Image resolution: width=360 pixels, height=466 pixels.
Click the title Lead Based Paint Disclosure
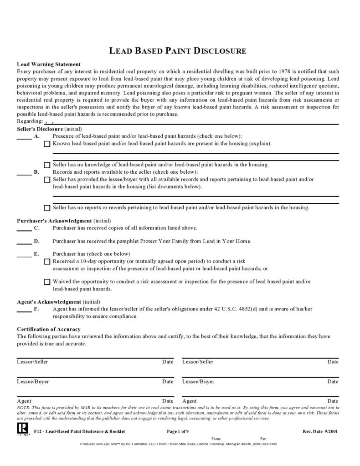[178, 51]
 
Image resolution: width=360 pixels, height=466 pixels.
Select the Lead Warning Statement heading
[49, 64]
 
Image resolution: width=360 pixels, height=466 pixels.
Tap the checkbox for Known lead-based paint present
[47, 144]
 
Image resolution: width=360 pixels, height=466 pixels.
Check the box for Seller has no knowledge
[47, 165]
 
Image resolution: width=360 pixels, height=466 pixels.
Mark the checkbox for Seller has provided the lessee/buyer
[47, 180]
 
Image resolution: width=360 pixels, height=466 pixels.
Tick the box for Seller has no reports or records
[47, 208]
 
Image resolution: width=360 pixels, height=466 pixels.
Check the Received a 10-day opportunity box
[47, 262]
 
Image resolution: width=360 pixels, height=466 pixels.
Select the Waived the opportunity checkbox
[47, 282]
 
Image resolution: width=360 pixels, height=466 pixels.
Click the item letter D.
[36, 241]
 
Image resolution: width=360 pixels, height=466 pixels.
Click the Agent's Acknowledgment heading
[49, 302]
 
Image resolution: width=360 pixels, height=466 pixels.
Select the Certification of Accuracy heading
[49, 329]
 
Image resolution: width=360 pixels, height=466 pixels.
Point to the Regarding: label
[30, 122]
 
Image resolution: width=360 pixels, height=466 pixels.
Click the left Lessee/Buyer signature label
[33, 382]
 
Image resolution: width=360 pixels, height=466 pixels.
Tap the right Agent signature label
[189, 401]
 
